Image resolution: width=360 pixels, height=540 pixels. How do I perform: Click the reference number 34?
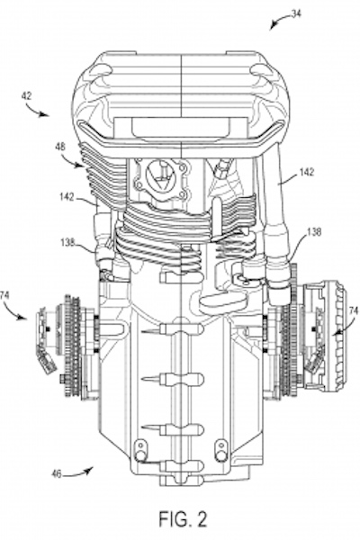pyautogui.click(x=295, y=13)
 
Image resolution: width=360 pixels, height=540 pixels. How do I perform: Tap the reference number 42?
pyautogui.click(x=26, y=95)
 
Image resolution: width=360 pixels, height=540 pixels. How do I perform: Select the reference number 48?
pyautogui.click(x=59, y=147)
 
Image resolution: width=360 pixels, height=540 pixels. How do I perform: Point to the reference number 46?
pyautogui.click(x=57, y=474)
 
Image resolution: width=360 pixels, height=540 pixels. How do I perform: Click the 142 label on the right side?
pyautogui.click(x=306, y=172)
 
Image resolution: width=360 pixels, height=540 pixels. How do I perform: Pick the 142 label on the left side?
pyautogui.click(x=67, y=196)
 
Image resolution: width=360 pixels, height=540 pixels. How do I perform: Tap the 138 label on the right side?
pyautogui.click(x=313, y=232)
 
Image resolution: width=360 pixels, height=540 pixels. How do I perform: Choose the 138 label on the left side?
pyautogui.click(x=67, y=242)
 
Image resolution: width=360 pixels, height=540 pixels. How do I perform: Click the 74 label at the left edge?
pyautogui.click(x=4, y=295)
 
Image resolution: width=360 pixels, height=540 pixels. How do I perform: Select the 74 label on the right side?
pyautogui.click(x=354, y=310)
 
